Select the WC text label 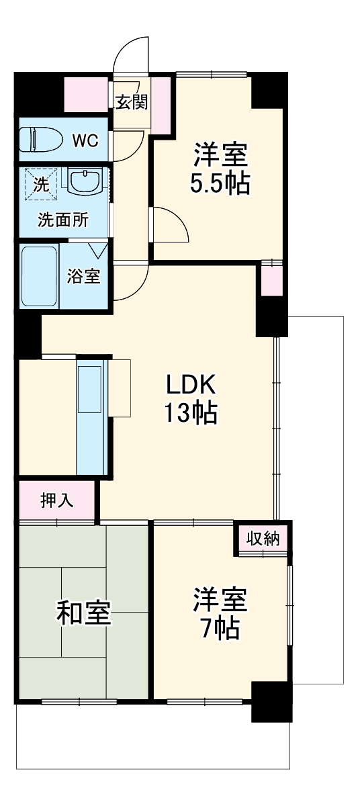(x=85, y=141)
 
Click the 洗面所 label (x=62, y=220)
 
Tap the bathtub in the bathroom (x=40, y=276)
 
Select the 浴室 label (x=84, y=276)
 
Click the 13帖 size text (x=192, y=412)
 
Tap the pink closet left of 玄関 (x=86, y=94)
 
